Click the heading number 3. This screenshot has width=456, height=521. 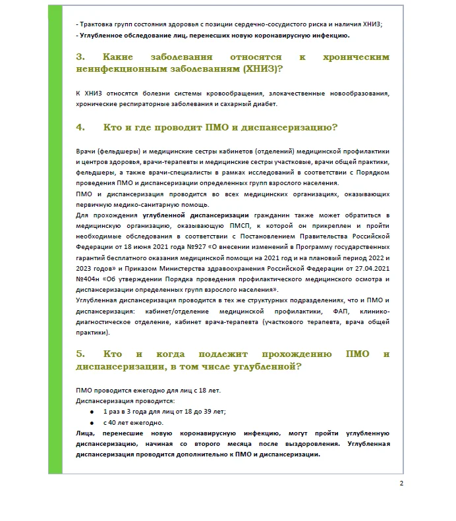tap(80, 58)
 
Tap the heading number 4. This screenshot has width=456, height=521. tap(80, 126)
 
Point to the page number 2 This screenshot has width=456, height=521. tap(401, 483)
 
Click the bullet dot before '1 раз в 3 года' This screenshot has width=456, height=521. tap(92, 412)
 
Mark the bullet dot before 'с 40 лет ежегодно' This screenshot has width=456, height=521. tap(92, 423)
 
